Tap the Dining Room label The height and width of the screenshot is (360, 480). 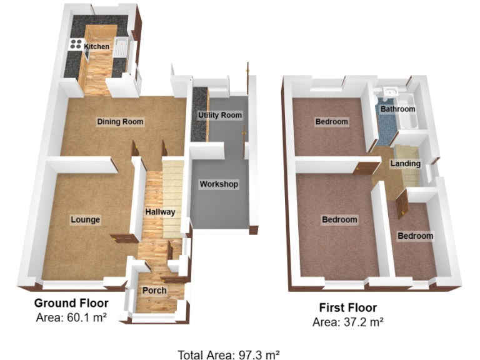(120, 121)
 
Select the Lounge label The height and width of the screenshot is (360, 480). (85, 219)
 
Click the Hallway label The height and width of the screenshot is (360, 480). (160, 212)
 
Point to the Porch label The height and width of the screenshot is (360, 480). (154, 291)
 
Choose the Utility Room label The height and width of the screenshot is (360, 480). (219, 116)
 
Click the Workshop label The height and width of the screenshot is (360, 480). (219, 184)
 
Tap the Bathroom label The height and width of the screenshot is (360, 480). (398, 109)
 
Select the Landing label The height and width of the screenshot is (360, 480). (405, 164)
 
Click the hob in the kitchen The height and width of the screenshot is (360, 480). (76, 44)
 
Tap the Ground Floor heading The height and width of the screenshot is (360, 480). (71, 303)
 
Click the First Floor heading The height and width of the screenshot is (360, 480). (348, 307)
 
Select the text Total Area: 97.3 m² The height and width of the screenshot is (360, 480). (228, 355)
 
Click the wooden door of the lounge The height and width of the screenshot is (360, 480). (125, 237)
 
